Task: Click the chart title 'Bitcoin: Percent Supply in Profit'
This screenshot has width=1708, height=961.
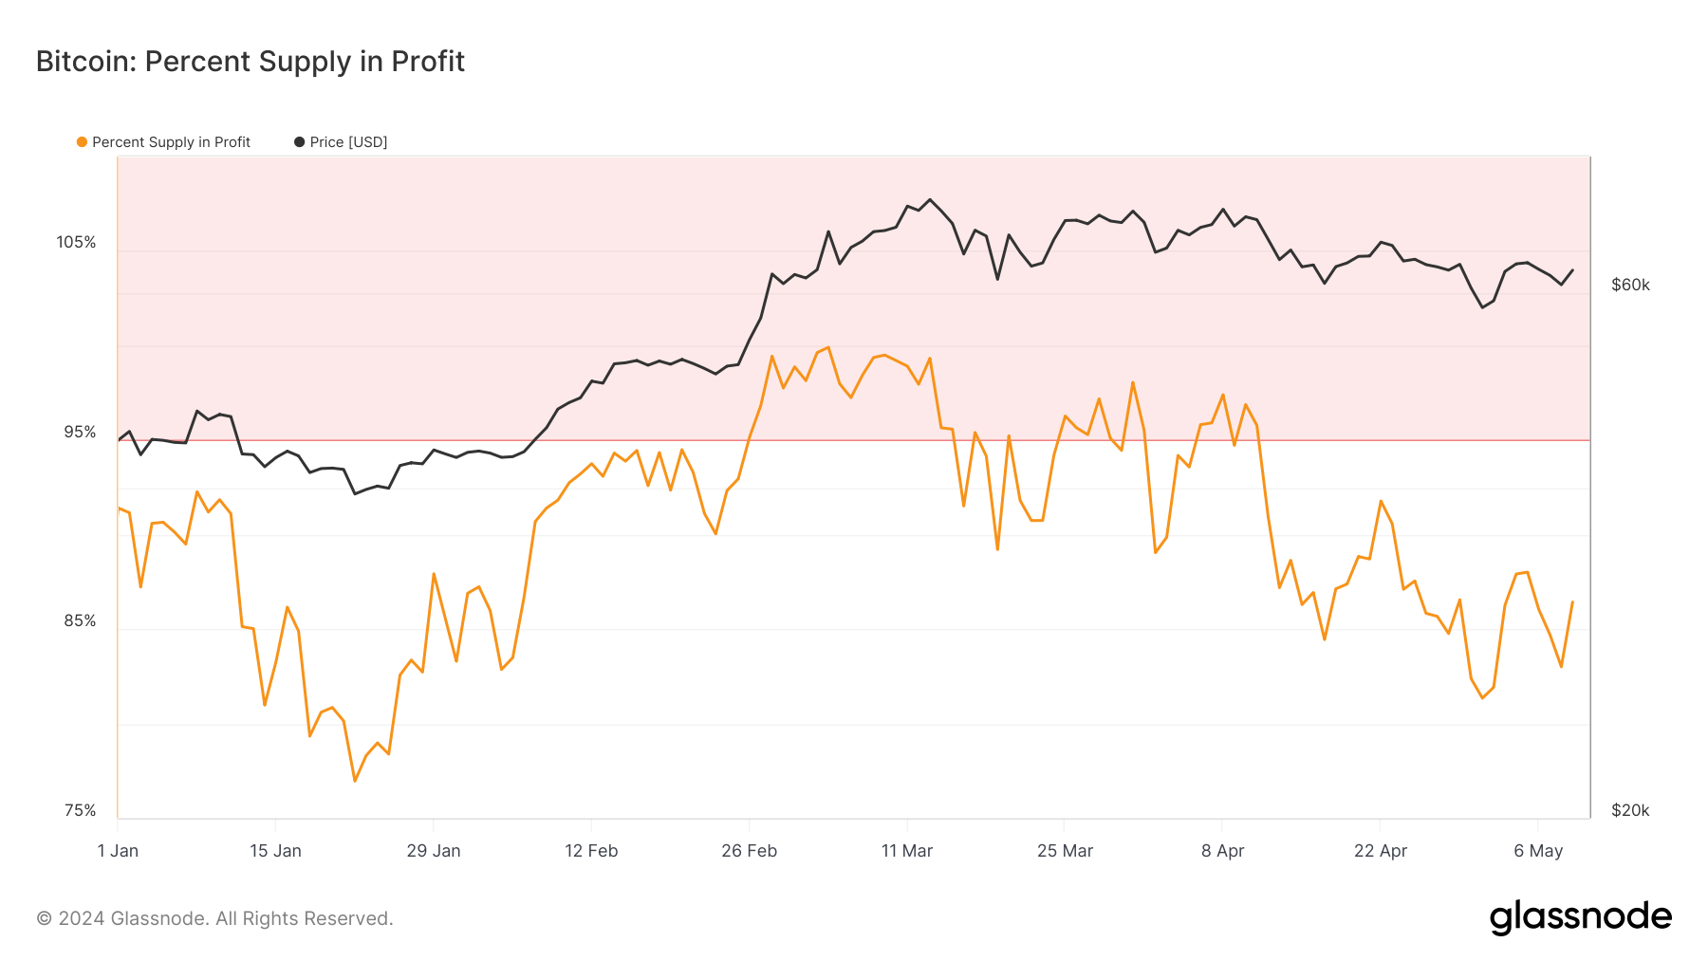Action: (251, 62)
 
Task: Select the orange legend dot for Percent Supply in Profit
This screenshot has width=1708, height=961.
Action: (83, 142)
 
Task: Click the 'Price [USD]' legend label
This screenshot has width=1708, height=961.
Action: (348, 142)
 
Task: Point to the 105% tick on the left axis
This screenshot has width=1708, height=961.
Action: (76, 242)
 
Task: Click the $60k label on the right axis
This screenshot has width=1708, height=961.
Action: (1630, 285)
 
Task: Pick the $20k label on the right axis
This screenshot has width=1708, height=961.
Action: (1630, 810)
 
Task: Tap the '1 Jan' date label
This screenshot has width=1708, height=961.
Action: (118, 851)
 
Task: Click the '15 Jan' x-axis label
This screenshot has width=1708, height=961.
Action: (275, 851)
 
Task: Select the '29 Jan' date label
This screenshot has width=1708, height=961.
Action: (434, 851)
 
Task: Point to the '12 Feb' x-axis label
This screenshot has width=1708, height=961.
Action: (591, 851)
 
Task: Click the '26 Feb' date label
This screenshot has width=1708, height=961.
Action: (749, 851)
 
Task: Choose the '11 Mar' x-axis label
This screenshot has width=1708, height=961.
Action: (907, 851)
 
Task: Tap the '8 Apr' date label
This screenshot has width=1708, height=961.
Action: (1222, 851)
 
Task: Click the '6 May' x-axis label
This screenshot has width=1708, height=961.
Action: (1538, 851)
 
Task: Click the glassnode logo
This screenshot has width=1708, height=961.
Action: (1580, 917)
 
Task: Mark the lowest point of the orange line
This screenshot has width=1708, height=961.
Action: (355, 781)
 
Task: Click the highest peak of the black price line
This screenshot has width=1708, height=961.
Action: (930, 199)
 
